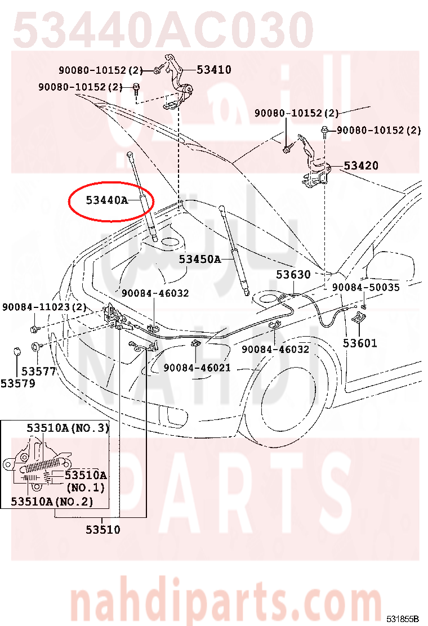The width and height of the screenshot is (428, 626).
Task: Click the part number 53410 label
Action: click(214, 70)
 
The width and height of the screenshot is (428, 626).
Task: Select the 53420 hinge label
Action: click(361, 166)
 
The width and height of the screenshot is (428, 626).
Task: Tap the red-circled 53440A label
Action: click(107, 200)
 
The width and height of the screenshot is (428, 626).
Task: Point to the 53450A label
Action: click(199, 260)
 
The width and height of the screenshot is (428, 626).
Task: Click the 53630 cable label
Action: click(293, 275)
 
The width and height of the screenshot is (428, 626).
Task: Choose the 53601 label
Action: click(360, 343)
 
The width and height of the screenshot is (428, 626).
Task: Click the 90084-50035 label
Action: click(365, 288)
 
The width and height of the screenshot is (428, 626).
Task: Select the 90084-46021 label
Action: click(197, 368)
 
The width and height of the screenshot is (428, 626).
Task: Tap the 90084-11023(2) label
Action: click(44, 307)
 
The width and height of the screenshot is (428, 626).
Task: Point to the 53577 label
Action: click(38, 372)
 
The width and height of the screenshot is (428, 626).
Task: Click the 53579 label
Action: click(18, 384)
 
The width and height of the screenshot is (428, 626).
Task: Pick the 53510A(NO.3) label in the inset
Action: click(68, 428)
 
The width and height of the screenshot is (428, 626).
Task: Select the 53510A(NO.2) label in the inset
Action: click(52, 502)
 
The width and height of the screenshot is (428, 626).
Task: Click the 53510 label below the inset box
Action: click(103, 530)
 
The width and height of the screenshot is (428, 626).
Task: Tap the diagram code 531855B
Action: click(403, 619)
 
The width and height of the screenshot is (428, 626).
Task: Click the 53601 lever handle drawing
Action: click(359, 318)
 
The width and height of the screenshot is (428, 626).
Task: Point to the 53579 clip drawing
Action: click(16, 352)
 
